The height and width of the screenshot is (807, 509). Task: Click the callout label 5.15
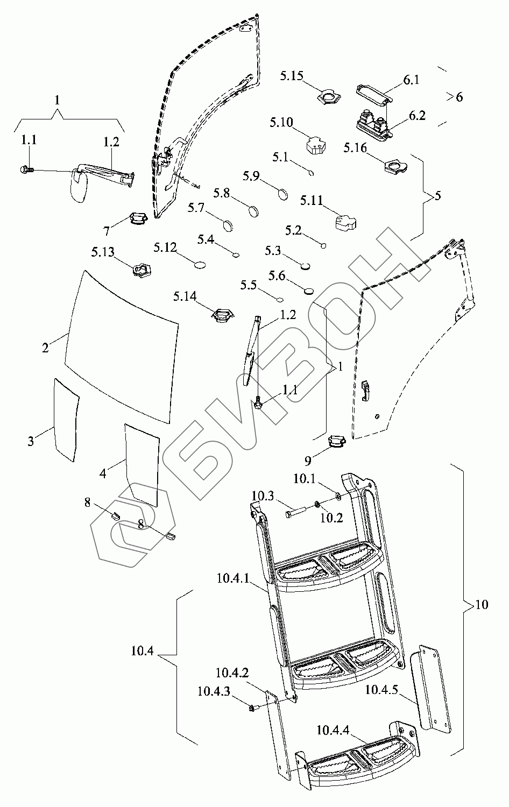292,76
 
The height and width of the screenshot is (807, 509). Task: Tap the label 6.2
417,116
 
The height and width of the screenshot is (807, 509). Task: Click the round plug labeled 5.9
283,194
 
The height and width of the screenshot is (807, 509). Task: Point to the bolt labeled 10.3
295,513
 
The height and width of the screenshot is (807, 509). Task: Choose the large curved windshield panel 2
121,346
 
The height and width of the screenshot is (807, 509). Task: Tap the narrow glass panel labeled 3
66,420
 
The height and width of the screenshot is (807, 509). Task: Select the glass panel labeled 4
142,465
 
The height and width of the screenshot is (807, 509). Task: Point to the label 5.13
103,252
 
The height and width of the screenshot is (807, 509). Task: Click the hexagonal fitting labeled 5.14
223,314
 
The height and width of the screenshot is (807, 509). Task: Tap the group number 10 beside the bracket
482,604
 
